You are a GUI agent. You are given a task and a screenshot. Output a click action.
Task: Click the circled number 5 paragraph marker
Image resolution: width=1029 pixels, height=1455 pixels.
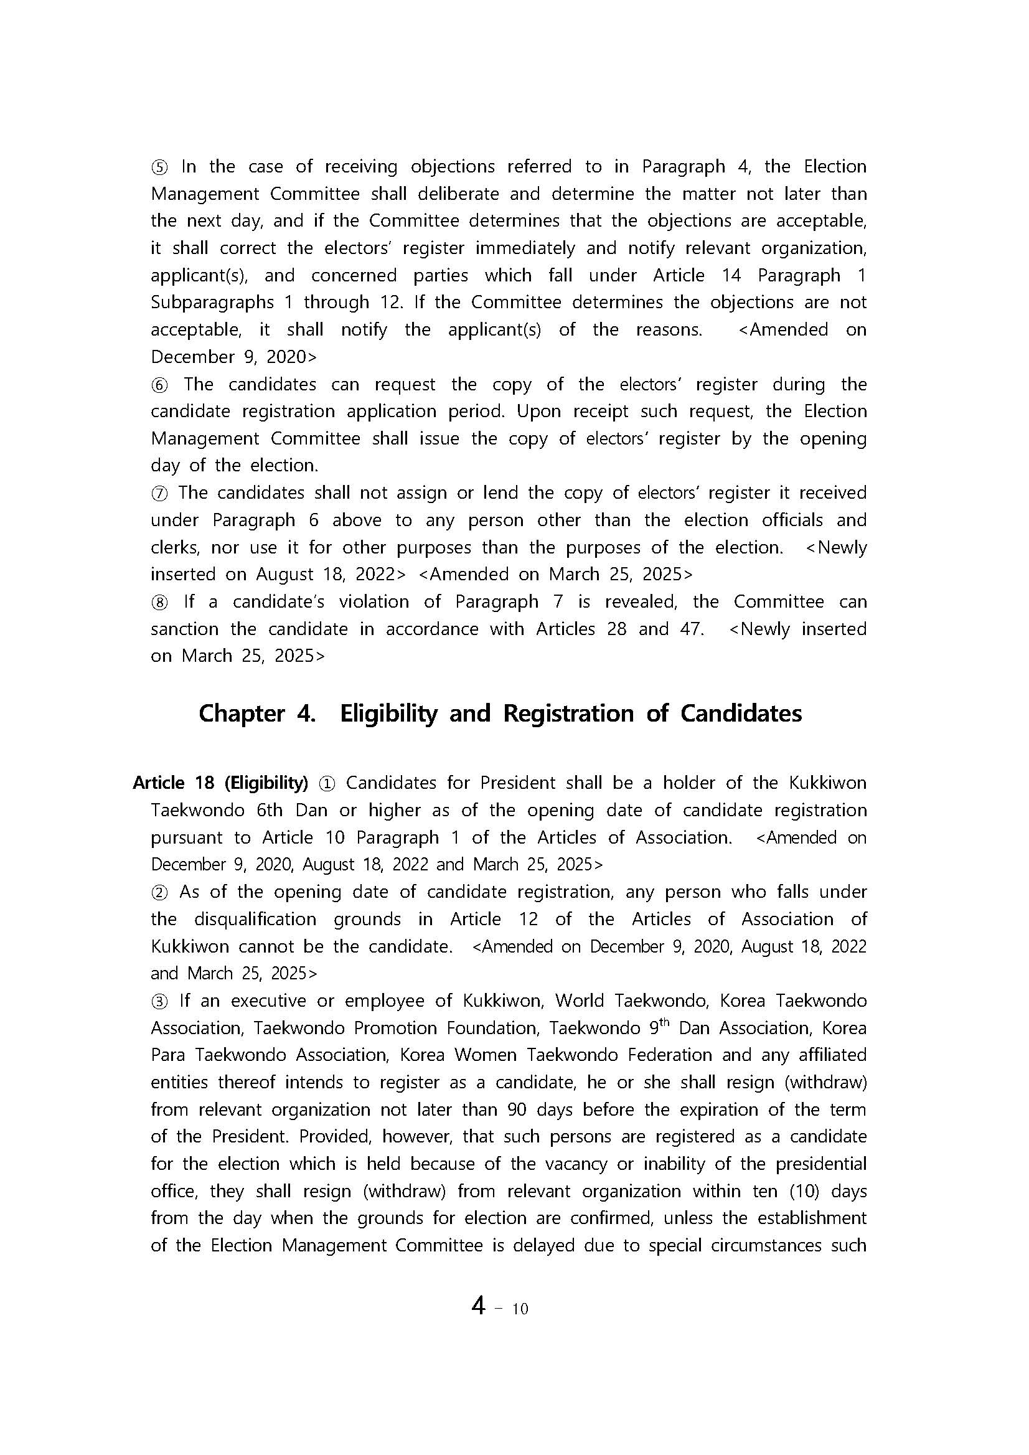point(159,167)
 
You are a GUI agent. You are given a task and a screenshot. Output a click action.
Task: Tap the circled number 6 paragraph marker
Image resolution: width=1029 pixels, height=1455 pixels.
point(159,385)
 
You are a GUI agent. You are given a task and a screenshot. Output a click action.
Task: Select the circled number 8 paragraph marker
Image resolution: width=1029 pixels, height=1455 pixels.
point(159,603)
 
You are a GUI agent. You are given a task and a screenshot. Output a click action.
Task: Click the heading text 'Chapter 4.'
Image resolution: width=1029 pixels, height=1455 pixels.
point(256,713)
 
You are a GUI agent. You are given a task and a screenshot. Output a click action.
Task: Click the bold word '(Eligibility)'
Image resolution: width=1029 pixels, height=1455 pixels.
point(266,783)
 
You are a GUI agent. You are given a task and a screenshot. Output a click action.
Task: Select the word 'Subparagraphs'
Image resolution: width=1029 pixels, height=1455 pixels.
point(212,303)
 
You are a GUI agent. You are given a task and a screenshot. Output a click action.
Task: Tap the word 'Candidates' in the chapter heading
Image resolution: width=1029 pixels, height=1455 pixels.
point(741,713)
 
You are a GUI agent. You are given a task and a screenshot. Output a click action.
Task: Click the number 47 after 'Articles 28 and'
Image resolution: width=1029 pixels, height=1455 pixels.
point(691,629)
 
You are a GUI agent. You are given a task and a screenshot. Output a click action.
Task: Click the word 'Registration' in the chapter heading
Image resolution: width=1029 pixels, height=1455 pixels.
point(568,713)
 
